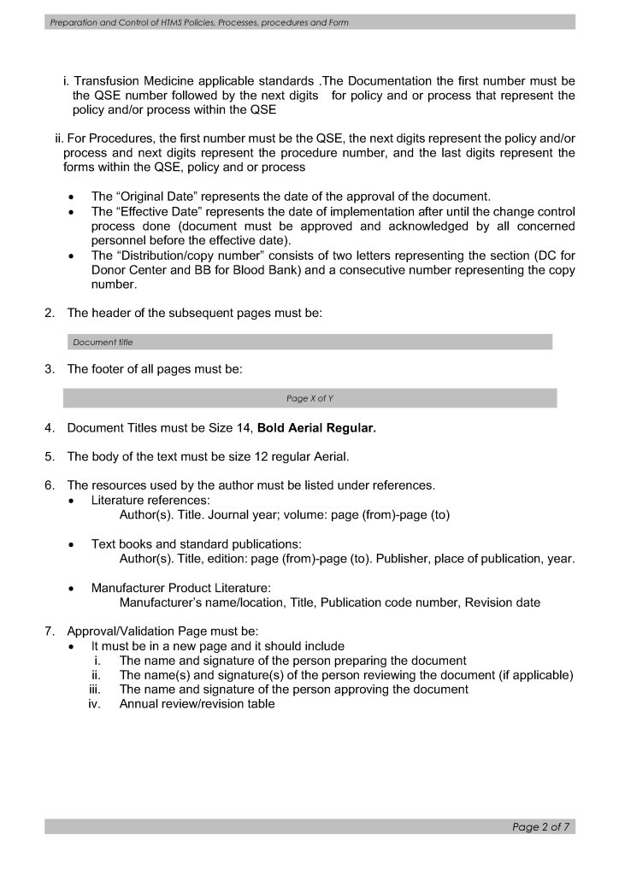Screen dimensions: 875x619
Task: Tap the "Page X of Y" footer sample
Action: (x=309, y=398)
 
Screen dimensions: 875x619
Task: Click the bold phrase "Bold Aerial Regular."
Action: (x=316, y=428)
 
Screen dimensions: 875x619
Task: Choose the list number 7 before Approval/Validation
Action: (x=49, y=632)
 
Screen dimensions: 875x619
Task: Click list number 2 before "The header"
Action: (x=49, y=314)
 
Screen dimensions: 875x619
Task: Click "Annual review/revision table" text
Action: (x=197, y=704)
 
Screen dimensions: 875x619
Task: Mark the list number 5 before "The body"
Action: (x=49, y=456)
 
